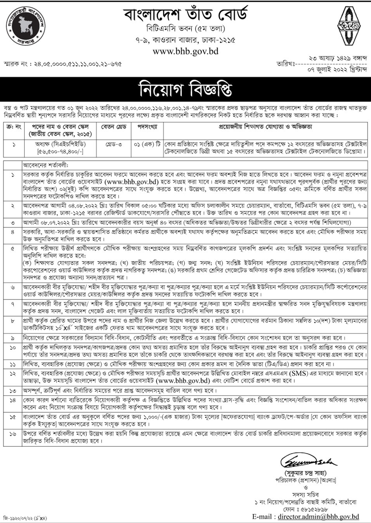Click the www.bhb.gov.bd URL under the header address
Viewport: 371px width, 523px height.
coord(185,51)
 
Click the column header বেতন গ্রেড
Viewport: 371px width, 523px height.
coord(114,128)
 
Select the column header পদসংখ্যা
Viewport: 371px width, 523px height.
coord(148,128)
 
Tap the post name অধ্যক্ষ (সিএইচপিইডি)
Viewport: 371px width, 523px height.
coord(60,145)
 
